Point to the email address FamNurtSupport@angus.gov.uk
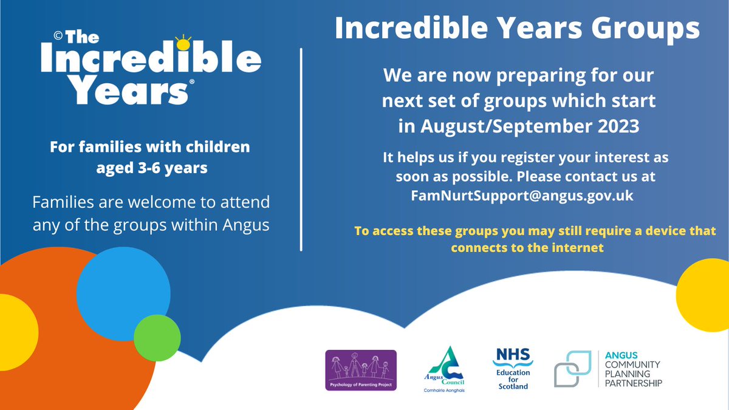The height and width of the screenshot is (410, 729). click(x=518, y=196)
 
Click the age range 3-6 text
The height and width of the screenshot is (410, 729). click(x=152, y=168)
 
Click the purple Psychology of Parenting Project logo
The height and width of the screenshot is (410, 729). click(x=361, y=370)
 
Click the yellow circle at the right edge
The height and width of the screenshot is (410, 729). click(x=705, y=294)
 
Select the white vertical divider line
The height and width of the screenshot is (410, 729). click(x=302, y=149)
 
